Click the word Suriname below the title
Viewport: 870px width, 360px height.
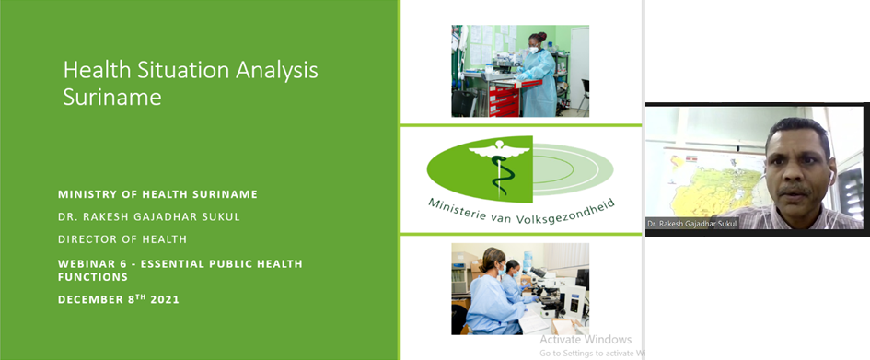(112, 97)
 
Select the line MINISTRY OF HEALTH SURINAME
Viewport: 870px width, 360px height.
(157, 194)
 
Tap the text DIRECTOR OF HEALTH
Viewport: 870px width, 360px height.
(122, 239)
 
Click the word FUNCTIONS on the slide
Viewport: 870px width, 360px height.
(93, 276)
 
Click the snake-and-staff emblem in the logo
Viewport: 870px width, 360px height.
(498, 166)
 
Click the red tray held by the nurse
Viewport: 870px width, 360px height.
(528, 84)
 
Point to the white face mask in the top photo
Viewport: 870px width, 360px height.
(534, 50)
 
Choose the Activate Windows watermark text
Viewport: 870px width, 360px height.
(586, 340)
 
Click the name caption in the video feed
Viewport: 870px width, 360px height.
(692, 223)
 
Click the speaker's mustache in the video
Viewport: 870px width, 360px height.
(795, 190)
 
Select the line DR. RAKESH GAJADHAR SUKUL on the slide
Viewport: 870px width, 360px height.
(149, 217)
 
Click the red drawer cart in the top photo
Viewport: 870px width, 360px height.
(503, 99)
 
